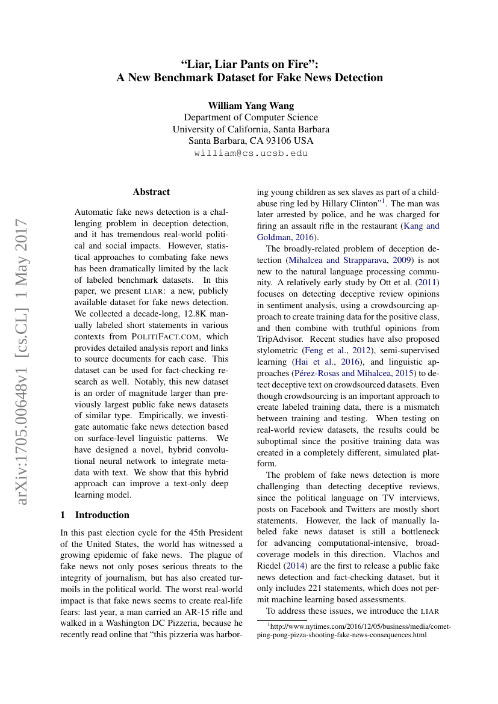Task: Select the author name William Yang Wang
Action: pos(251,105)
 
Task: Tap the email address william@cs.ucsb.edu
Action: pos(251,153)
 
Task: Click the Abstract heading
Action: pos(151,192)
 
